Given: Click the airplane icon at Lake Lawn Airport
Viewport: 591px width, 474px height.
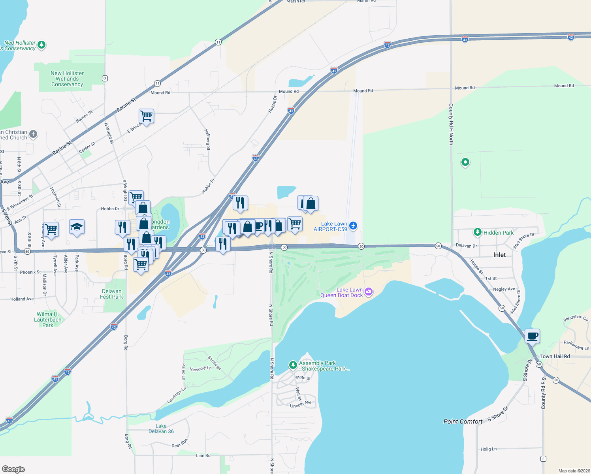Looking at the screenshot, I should [x=353, y=226].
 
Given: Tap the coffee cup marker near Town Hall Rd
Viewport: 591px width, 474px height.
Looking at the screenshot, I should [x=532, y=336].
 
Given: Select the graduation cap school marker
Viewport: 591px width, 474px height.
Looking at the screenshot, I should [x=77, y=227].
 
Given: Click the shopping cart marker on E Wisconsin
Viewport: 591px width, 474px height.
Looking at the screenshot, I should [x=146, y=116].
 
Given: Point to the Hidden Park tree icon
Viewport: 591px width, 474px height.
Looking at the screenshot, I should [x=478, y=232].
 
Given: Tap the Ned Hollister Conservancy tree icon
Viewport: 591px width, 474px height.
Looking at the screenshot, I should [x=41, y=45].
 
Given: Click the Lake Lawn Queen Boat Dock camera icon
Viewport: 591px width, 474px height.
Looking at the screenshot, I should [x=369, y=292].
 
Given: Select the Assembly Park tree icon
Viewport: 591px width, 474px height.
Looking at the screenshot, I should [x=293, y=365].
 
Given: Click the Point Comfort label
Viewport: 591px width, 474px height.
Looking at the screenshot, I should [x=463, y=421].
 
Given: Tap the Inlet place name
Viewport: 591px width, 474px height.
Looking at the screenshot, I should [x=499, y=255].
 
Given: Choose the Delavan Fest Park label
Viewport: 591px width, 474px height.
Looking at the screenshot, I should [x=111, y=294].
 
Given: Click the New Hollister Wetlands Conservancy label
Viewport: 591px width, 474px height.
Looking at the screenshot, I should [x=67, y=79].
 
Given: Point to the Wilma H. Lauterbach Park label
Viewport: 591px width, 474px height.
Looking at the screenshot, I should [x=48, y=320].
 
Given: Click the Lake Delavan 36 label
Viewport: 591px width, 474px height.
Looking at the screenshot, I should [x=161, y=429].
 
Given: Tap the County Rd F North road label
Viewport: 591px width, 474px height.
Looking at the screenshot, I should [x=451, y=124].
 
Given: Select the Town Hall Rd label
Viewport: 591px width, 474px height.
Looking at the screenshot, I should [x=555, y=356].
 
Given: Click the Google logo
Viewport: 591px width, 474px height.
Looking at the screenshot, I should [x=13, y=469].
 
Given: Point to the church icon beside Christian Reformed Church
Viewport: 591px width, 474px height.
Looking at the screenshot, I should [x=33, y=134].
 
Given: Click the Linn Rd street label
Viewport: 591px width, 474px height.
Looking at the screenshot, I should [x=203, y=455].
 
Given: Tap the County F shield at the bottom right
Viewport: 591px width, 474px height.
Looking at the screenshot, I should [x=544, y=459].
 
